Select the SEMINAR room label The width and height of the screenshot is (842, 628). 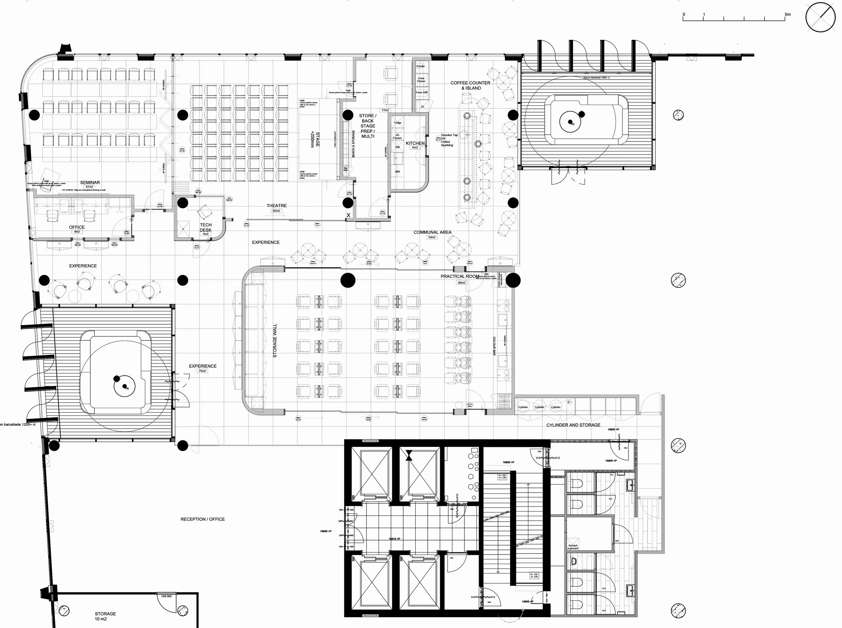point(90,183)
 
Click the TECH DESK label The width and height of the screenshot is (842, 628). point(206,227)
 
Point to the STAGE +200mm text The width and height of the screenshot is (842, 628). point(315,139)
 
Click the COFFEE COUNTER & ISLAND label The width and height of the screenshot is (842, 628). point(470,85)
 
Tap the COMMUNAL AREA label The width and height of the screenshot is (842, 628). point(432,232)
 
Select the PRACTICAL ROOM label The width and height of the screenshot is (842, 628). point(460,276)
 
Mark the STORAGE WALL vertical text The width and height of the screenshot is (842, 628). point(275,341)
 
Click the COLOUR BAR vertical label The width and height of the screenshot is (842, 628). point(494,346)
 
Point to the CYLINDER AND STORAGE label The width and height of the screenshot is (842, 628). point(573,425)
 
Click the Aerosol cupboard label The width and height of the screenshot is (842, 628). point(573,547)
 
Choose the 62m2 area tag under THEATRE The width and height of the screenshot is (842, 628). point(276,210)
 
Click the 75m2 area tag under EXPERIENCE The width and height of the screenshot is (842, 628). point(202,371)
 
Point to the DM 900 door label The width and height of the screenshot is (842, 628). point(166,596)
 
